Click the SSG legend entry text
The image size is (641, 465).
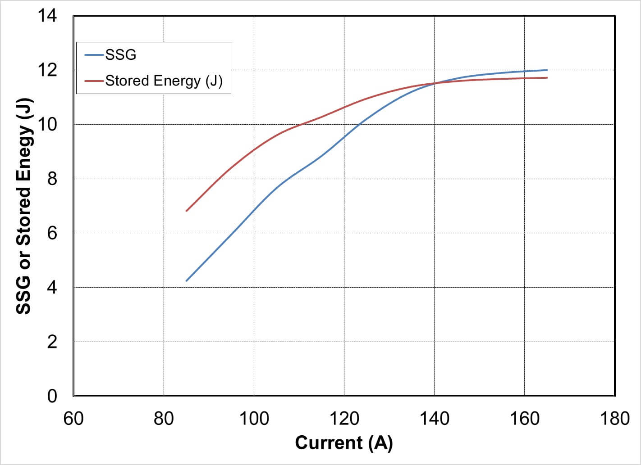120,55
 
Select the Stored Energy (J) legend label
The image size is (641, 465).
164,81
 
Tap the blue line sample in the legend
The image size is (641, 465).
94,55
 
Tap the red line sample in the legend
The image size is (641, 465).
94,81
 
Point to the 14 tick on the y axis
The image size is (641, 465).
47,16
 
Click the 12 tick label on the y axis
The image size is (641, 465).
47,70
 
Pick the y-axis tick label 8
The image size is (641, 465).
52,179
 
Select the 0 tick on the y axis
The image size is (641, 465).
52,396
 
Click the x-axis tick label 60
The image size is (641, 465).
73,419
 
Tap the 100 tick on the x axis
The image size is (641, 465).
254,419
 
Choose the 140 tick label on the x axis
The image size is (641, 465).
434,419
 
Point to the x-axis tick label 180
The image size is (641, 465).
615,419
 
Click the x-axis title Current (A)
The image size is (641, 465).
343,443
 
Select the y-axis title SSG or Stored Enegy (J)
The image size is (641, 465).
24,206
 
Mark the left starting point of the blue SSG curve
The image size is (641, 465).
186,281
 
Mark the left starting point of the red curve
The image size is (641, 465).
186,211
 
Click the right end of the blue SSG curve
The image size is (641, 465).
547,70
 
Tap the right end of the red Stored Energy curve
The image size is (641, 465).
547,78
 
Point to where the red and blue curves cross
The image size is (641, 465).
435,83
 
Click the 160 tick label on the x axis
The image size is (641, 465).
525,419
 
